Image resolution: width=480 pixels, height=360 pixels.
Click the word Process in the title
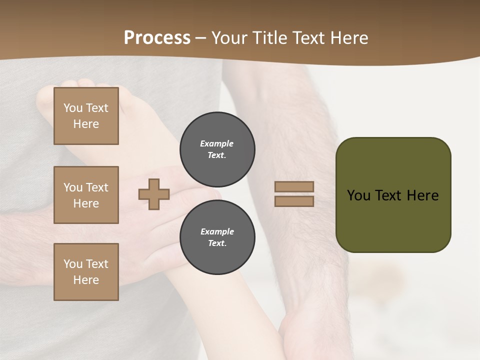point(157,38)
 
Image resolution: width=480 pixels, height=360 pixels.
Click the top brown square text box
point(86,116)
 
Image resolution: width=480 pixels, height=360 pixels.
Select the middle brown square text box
point(86,195)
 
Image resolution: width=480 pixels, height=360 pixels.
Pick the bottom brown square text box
point(86,272)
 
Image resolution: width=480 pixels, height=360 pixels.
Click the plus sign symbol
point(154,194)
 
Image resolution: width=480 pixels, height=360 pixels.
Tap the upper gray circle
point(217,149)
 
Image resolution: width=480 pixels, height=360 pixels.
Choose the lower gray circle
point(217,237)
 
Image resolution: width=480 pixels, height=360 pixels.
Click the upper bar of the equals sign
point(294,187)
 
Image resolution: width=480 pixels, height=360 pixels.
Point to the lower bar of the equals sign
point(294,201)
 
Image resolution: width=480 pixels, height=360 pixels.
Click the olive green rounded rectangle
point(393,220)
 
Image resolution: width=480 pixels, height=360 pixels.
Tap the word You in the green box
point(358,195)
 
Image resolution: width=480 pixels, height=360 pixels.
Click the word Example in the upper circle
point(217,143)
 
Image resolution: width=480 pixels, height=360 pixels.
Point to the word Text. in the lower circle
point(217,243)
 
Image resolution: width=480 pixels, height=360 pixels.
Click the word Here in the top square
point(86,124)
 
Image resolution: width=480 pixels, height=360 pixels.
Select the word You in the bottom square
point(73,264)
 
